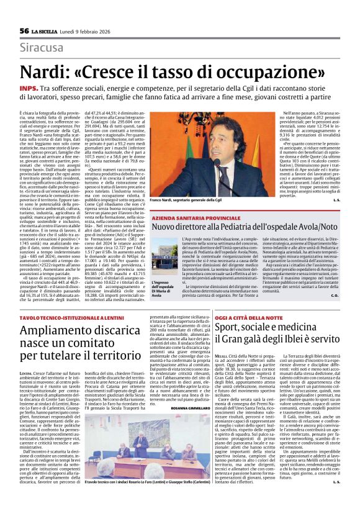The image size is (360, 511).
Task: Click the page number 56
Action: [x=24, y=31]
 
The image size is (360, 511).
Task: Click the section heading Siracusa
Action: [x=43, y=48]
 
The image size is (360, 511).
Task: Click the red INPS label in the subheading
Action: [x=28, y=89]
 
